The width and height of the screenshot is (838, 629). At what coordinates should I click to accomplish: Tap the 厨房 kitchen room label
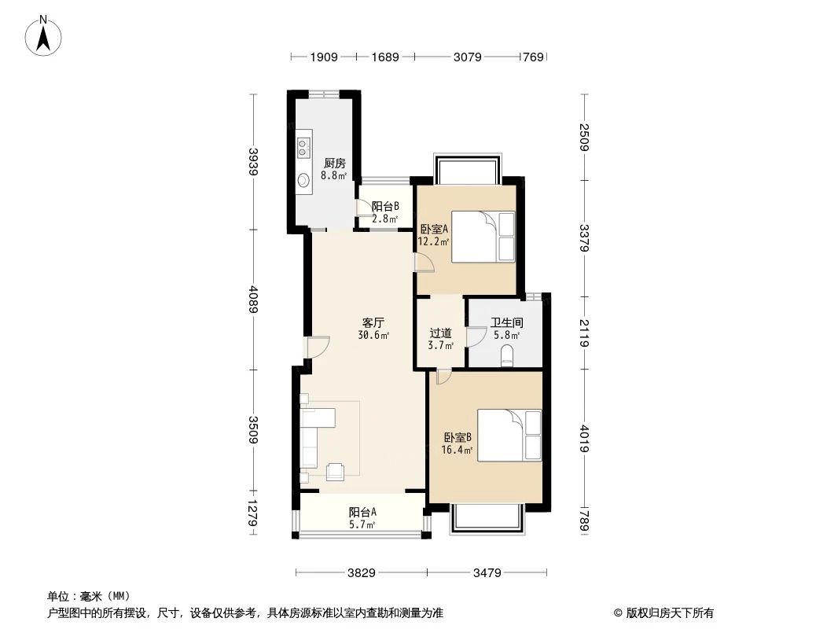point(334,164)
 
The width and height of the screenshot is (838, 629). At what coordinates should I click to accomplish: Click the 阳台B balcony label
point(384,208)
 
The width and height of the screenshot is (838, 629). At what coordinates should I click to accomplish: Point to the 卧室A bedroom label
point(434,229)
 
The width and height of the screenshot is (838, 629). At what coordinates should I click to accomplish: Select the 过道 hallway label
point(440,333)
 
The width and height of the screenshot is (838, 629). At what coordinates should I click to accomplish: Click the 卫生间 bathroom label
point(506,322)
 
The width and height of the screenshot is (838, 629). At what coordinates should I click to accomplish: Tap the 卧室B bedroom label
point(457,438)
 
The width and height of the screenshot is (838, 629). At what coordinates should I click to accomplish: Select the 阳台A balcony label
point(362,512)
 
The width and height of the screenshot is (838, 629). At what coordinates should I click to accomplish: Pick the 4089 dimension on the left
point(252,299)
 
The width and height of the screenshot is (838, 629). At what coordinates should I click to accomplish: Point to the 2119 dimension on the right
point(584,332)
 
